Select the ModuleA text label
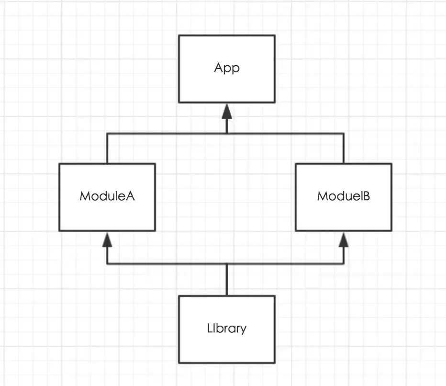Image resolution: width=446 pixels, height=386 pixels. pos(107,196)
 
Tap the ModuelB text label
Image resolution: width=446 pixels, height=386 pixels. pos(344,196)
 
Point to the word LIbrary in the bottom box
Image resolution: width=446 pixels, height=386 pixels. pos(227,329)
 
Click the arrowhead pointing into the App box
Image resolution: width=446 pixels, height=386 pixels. pos(227,111)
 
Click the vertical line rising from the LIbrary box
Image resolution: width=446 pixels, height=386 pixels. pos(227,280)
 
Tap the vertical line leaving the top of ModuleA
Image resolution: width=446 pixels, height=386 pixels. pos(107,148)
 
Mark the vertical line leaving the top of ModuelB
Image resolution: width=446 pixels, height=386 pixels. pos(344,148)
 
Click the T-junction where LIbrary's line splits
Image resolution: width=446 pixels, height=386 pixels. pos(227,264)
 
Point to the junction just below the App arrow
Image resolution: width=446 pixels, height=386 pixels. pos(227,133)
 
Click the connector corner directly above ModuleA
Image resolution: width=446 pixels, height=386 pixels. pos(107,133)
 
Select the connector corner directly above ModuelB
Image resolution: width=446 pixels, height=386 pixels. pos(344,133)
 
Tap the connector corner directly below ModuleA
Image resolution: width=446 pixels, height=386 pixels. pos(107,264)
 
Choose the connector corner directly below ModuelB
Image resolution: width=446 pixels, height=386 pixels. pos(344,264)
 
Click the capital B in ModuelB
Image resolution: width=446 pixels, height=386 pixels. pos(367,196)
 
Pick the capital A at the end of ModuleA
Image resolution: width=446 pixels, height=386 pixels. pos(130,196)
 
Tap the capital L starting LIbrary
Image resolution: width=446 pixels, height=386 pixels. pos(210,328)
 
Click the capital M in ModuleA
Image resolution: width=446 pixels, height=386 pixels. pos(85,196)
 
